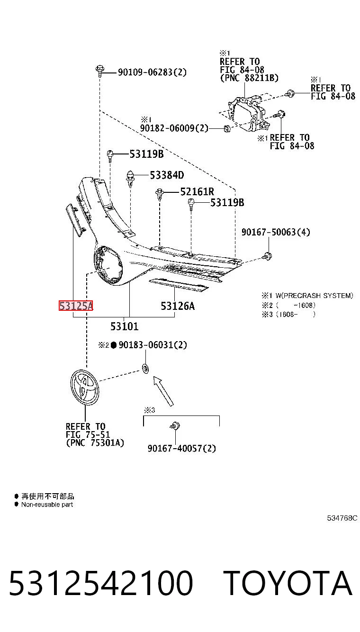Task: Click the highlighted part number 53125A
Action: tap(76, 306)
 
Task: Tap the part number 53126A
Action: tap(178, 306)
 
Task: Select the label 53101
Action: tap(125, 326)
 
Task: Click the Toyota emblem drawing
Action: tap(85, 388)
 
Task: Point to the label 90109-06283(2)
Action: tap(153, 72)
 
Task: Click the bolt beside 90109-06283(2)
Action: tap(99, 71)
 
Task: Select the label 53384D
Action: tap(167, 175)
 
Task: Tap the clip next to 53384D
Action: tap(130, 179)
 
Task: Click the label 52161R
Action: tap(197, 192)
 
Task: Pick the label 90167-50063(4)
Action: tap(276, 232)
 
